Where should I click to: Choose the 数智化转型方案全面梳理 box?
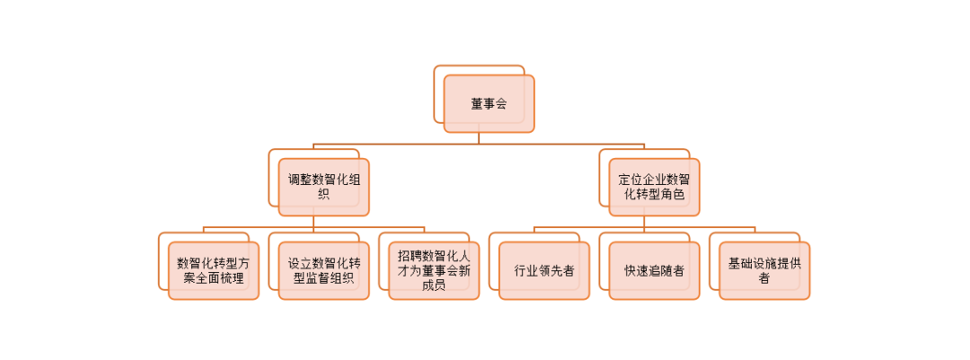(213, 270)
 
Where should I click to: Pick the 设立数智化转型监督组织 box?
(323, 270)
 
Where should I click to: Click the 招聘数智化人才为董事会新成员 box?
(434, 270)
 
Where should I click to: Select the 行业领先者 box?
(544, 270)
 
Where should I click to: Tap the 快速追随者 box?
(654, 270)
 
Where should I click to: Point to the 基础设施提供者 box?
(764, 270)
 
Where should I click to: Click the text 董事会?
(489, 104)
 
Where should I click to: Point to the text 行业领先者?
(544, 270)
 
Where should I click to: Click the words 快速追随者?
(654, 270)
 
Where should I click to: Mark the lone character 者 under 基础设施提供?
(764, 278)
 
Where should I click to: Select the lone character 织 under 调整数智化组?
(323, 195)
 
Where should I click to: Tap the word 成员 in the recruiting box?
(434, 285)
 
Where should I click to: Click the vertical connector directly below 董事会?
(479, 137)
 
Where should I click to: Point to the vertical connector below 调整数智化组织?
(313, 222)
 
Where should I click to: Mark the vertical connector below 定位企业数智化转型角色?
(644, 222)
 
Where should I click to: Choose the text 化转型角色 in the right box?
(654, 195)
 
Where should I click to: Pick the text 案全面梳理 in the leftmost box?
(213, 278)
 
